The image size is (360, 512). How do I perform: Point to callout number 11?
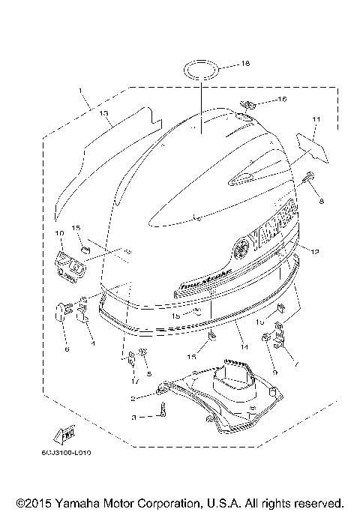(316, 120)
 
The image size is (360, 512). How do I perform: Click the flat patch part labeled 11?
(313, 146)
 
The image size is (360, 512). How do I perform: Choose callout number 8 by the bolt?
(321, 202)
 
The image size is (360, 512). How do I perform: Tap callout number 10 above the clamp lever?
(60, 234)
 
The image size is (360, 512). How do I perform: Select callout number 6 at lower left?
(65, 349)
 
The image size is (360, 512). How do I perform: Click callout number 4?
(92, 344)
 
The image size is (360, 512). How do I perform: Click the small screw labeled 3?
(162, 409)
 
